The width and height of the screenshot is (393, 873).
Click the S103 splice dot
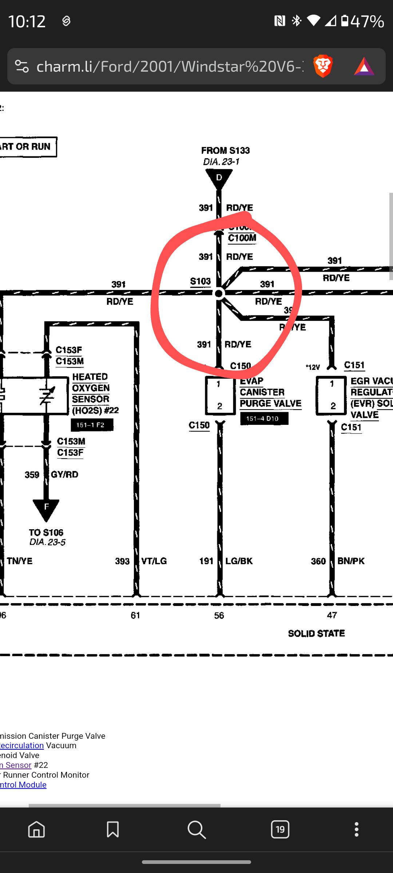pyautogui.click(x=219, y=293)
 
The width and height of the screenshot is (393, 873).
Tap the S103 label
pyautogui.click(x=200, y=282)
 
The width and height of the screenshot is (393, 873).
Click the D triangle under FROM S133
pyautogui.click(x=219, y=179)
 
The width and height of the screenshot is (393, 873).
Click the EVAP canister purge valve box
pyautogui.click(x=220, y=395)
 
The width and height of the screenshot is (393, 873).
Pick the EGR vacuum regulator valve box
pyautogui.click(x=331, y=395)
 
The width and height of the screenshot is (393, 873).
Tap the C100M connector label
pyautogui.click(x=242, y=238)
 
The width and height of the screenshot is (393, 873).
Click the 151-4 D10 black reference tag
pyautogui.click(x=264, y=419)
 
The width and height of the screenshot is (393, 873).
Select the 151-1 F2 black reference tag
pyautogui.click(x=92, y=425)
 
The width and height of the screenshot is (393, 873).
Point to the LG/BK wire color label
pyautogui.click(x=239, y=561)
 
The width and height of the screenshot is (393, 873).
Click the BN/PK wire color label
pyautogui.click(x=351, y=561)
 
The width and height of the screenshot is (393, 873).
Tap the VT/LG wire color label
pyautogui.click(x=154, y=561)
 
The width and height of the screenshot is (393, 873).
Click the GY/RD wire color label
pyautogui.click(x=64, y=474)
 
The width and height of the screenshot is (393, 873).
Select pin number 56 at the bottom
pyautogui.click(x=219, y=615)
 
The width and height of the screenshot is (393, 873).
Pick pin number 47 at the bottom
pyautogui.click(x=332, y=615)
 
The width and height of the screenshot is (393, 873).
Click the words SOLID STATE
pyautogui.click(x=316, y=634)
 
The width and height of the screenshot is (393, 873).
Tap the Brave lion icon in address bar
pyautogui.click(x=323, y=66)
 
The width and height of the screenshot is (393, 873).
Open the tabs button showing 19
pyautogui.click(x=280, y=829)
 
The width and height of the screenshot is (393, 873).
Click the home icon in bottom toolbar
pyautogui.click(x=36, y=829)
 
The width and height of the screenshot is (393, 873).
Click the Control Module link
pyautogui.click(x=23, y=785)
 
